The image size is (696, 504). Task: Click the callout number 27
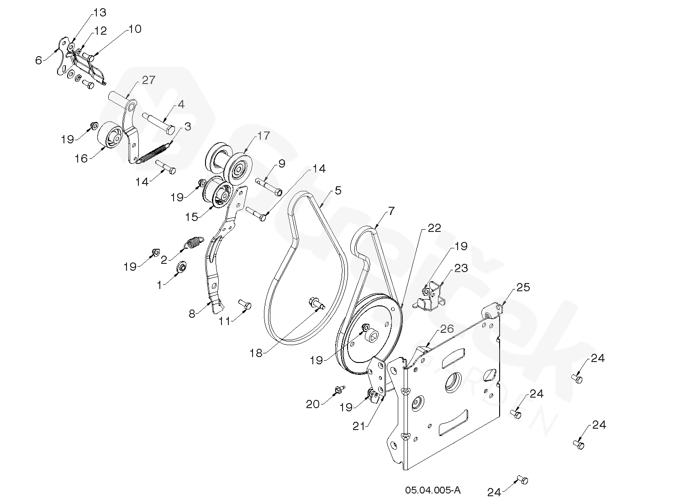148,80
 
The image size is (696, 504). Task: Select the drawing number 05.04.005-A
432,490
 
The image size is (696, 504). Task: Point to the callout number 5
338,190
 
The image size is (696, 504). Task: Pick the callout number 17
264,136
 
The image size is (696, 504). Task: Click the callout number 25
523,288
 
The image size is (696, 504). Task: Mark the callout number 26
447,329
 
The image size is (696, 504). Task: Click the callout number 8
192,314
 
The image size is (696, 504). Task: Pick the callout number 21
359,426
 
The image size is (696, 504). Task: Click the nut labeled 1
181,267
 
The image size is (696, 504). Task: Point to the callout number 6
38,60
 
